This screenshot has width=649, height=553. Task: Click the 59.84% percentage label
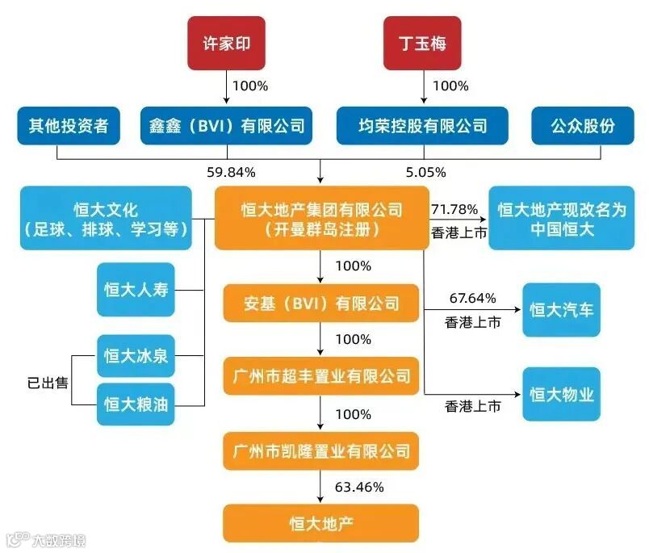231,171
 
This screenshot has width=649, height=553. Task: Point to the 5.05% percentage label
426,171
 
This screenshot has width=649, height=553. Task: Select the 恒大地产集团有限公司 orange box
322,219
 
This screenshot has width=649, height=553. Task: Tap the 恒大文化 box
106,218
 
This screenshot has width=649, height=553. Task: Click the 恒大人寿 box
136,290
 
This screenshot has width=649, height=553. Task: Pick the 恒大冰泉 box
136,355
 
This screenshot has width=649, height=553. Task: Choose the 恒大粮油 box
136,404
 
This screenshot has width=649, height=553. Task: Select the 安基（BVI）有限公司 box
322,304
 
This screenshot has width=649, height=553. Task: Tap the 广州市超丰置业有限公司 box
322,375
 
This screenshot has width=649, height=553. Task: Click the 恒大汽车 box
562,309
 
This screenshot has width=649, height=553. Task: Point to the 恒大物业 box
562,394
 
